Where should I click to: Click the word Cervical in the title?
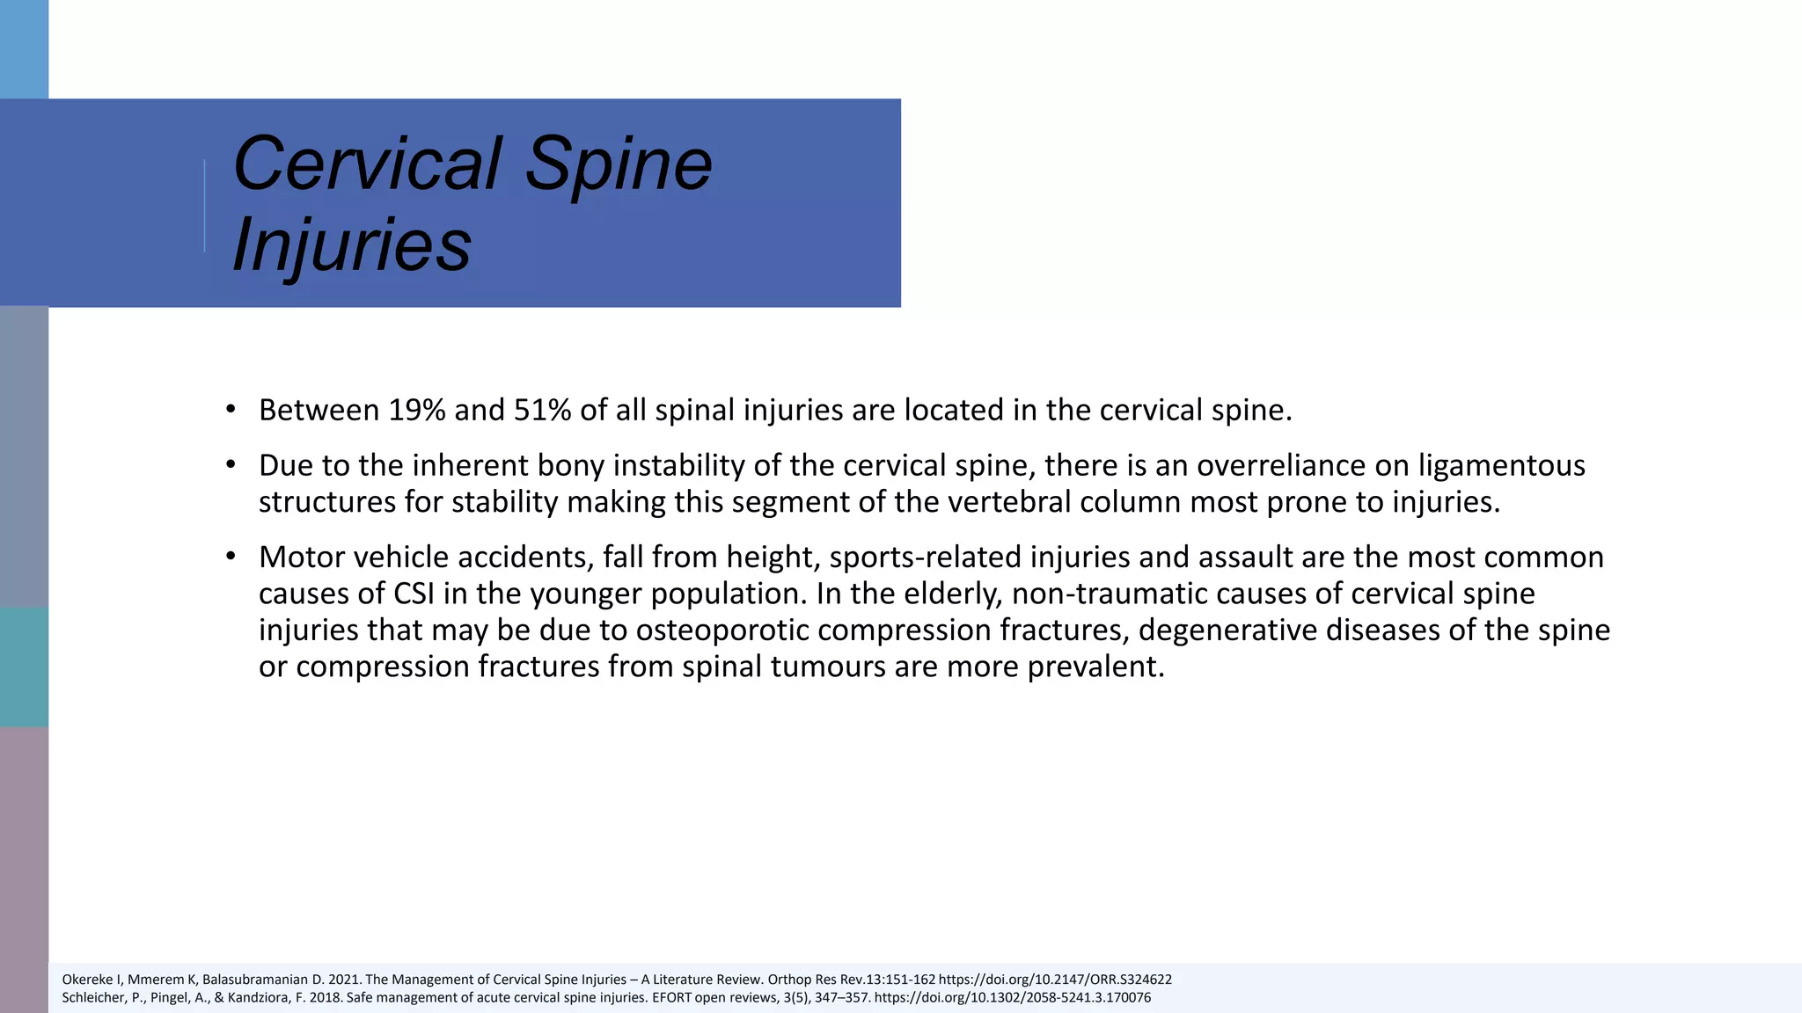[x=368, y=164]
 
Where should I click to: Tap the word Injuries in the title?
[x=352, y=244]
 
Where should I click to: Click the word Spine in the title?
[x=619, y=164]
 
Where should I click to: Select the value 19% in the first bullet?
[x=417, y=411]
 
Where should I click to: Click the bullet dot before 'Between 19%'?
[x=231, y=409]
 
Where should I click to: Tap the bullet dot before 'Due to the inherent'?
[x=231, y=464]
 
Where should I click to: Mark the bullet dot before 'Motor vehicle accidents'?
[x=231, y=556]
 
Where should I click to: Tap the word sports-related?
[x=925, y=558]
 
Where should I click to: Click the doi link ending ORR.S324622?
[x=1055, y=980]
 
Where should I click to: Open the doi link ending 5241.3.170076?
[x=1012, y=998]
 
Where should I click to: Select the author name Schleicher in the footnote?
[x=93, y=998]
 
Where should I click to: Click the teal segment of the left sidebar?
[x=24, y=667]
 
